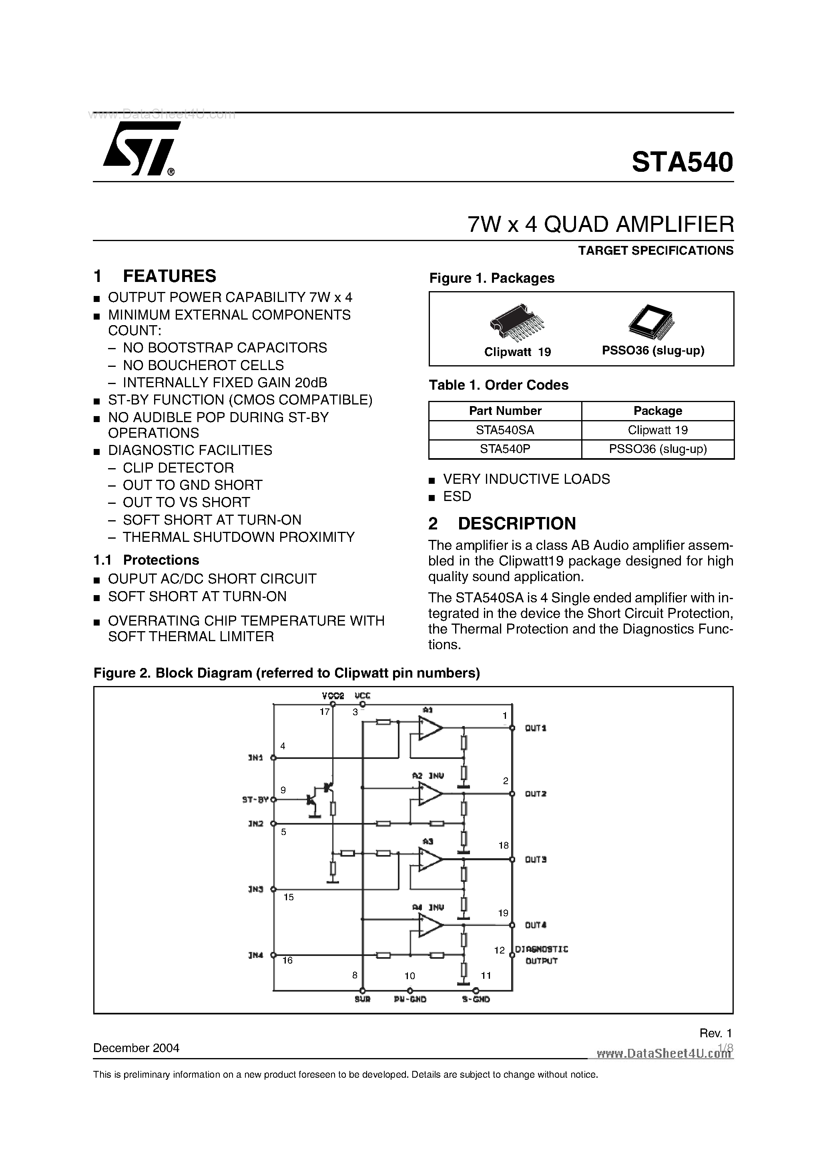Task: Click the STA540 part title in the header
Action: pyautogui.click(x=682, y=163)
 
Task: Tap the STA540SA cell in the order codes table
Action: pyautogui.click(x=505, y=430)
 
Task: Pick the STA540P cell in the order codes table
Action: pyautogui.click(x=505, y=449)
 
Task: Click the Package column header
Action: pyautogui.click(x=657, y=410)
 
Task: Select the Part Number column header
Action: pyautogui.click(x=505, y=410)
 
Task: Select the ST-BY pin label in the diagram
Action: pyautogui.click(x=255, y=800)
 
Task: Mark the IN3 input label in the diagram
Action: pyautogui.click(x=255, y=889)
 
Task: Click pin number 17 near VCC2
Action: pyautogui.click(x=324, y=712)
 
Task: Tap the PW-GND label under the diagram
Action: pyautogui.click(x=410, y=999)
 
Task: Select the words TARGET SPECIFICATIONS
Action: pyautogui.click(x=656, y=250)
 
